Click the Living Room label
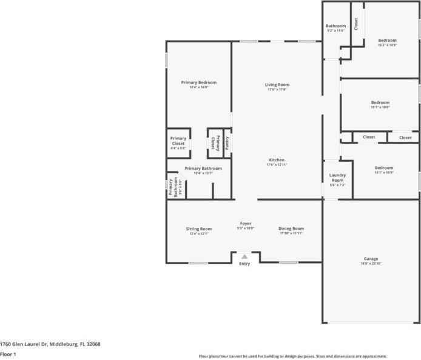click(x=277, y=84)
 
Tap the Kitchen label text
click(x=277, y=160)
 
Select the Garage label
click(x=371, y=259)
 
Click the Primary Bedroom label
click(x=198, y=82)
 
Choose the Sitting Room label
click(x=198, y=228)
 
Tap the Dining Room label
click(x=291, y=228)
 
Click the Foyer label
click(x=245, y=223)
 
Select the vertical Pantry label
click(x=227, y=142)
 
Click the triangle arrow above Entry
click(x=244, y=256)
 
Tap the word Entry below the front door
click(x=244, y=264)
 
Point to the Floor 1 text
click(x=8, y=353)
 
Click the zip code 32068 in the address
click(x=93, y=344)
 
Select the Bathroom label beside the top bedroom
click(x=335, y=25)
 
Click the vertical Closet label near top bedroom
click(x=356, y=24)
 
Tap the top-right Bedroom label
click(x=388, y=40)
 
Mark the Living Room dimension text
click(x=277, y=89)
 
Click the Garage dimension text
click(x=371, y=264)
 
